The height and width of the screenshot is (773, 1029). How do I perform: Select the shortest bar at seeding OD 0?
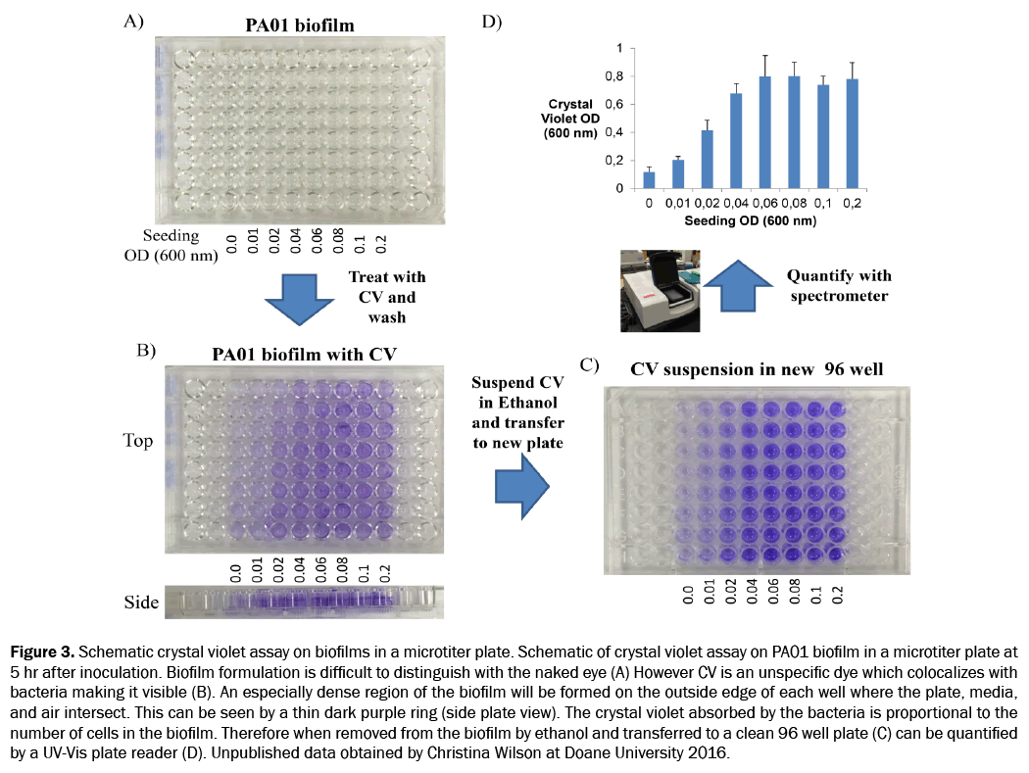coord(649,180)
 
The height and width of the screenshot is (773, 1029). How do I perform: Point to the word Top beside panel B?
coord(138,441)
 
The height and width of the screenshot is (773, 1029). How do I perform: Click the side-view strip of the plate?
coord(304,600)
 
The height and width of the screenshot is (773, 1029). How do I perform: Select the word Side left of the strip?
coord(141,602)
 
